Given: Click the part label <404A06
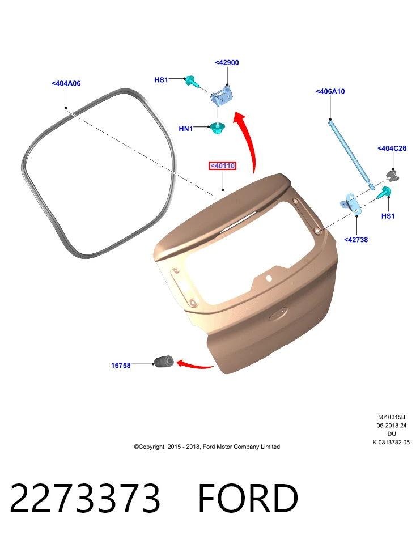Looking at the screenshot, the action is pyautogui.click(x=66, y=83).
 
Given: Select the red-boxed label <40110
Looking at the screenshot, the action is pyautogui.click(x=222, y=166).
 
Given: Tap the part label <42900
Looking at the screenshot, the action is pyautogui.click(x=227, y=62).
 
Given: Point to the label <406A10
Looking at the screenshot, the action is pyautogui.click(x=330, y=91).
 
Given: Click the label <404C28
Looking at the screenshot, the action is pyautogui.click(x=392, y=148).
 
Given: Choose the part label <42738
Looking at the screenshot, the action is pyautogui.click(x=356, y=239).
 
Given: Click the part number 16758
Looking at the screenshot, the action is pyautogui.click(x=121, y=365).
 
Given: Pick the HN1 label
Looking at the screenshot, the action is pyautogui.click(x=186, y=129).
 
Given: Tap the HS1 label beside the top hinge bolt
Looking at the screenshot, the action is pyautogui.click(x=161, y=80).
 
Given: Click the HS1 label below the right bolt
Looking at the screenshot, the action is pyautogui.click(x=388, y=216).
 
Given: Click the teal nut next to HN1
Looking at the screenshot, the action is pyautogui.click(x=218, y=128).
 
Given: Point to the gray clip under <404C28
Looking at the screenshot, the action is pyautogui.click(x=392, y=175).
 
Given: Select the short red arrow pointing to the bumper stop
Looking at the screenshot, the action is pyautogui.click(x=195, y=364).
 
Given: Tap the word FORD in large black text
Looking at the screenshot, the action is pyautogui.click(x=248, y=498).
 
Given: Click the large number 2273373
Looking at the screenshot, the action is pyautogui.click(x=85, y=498).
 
